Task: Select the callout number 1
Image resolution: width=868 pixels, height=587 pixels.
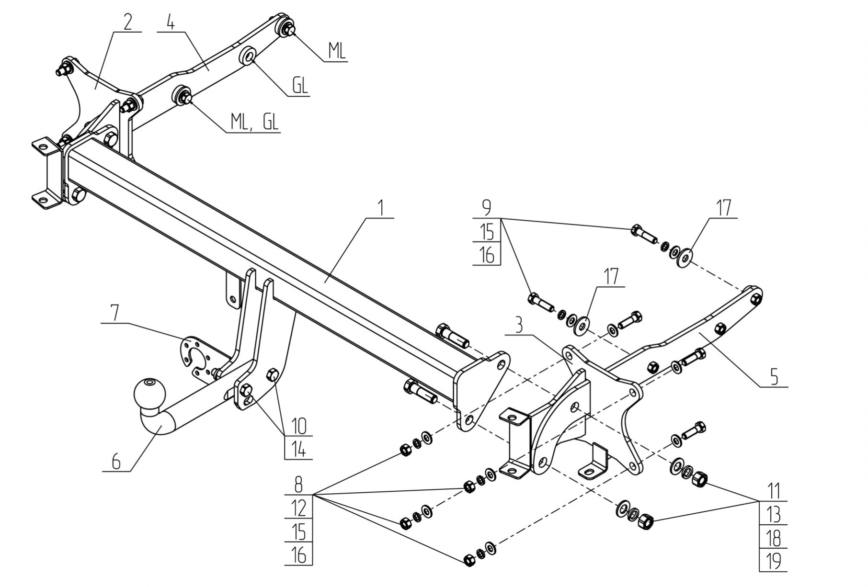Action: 380,208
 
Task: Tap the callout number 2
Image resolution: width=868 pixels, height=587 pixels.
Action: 127,22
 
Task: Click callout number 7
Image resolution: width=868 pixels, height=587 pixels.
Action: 115,313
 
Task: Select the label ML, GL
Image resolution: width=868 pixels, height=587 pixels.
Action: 254,122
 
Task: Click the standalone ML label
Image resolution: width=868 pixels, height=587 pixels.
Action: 337,51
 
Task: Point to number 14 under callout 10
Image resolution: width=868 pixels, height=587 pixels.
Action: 298,450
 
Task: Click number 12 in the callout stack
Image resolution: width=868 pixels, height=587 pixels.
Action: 298,508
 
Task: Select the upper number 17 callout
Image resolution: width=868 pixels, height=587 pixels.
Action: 723,208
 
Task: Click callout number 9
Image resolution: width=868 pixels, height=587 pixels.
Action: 486,208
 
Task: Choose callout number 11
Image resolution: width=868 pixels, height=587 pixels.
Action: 774,491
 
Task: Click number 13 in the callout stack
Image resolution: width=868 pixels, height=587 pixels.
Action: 774,515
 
